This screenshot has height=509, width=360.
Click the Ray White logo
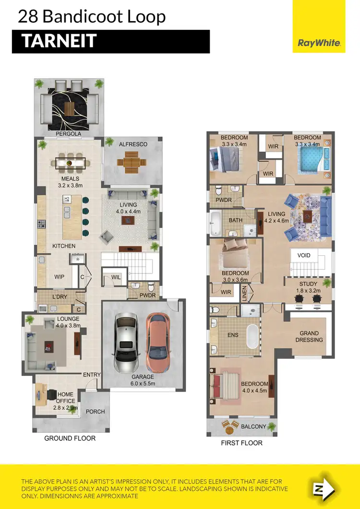319,43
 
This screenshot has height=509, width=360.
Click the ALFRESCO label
133,144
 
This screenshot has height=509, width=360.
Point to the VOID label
304,255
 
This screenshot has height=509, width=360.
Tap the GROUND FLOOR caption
70,438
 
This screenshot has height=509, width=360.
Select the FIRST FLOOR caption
241,443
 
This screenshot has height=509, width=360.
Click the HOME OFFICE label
66,398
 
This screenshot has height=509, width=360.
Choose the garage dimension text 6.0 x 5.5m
144,383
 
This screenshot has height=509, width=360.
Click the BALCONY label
253,426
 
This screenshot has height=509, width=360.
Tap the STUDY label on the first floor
308,284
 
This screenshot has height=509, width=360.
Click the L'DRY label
60,297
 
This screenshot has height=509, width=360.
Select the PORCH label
95,411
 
